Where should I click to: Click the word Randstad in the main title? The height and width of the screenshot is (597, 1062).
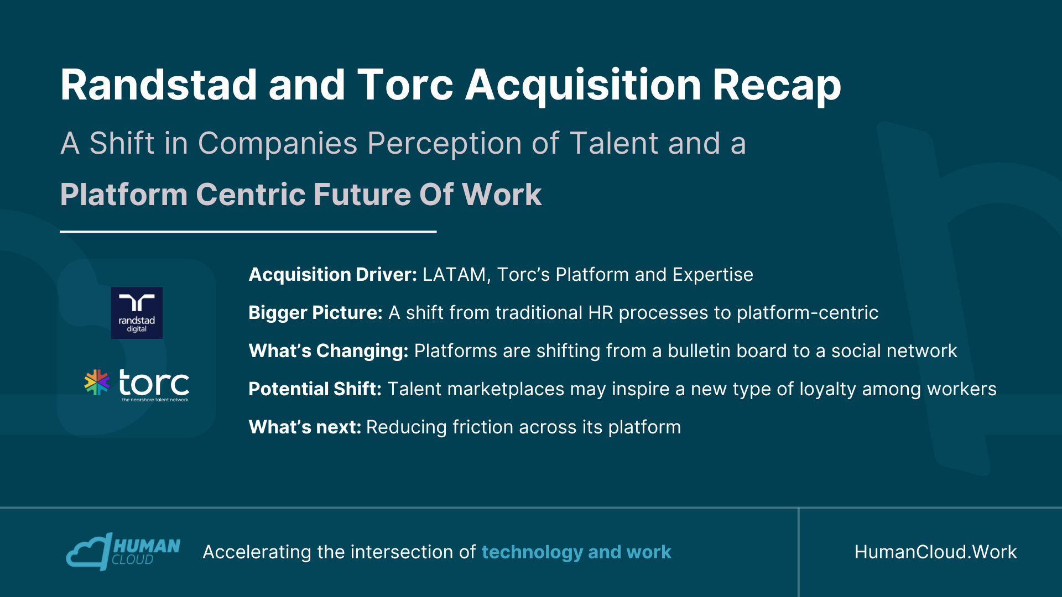tap(159, 85)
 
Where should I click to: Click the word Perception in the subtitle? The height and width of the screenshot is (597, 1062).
tap(444, 144)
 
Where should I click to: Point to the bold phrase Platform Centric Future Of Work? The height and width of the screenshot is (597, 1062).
tap(301, 195)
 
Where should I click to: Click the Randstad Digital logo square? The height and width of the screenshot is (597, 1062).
tap(137, 313)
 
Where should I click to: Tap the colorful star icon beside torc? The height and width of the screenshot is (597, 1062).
tap(97, 383)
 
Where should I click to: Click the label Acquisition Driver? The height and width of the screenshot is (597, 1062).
tap(333, 275)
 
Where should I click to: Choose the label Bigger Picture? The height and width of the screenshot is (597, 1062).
tap(316, 313)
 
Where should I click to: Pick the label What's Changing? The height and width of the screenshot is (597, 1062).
tap(329, 351)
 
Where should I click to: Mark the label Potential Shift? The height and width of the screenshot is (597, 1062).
tap(315, 389)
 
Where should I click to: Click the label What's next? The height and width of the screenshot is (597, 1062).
tap(305, 427)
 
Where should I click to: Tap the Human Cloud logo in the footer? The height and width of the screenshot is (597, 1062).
tap(123, 551)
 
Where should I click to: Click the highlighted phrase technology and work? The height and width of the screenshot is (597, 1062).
tap(576, 552)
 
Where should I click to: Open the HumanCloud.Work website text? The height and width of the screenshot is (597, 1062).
tap(936, 552)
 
